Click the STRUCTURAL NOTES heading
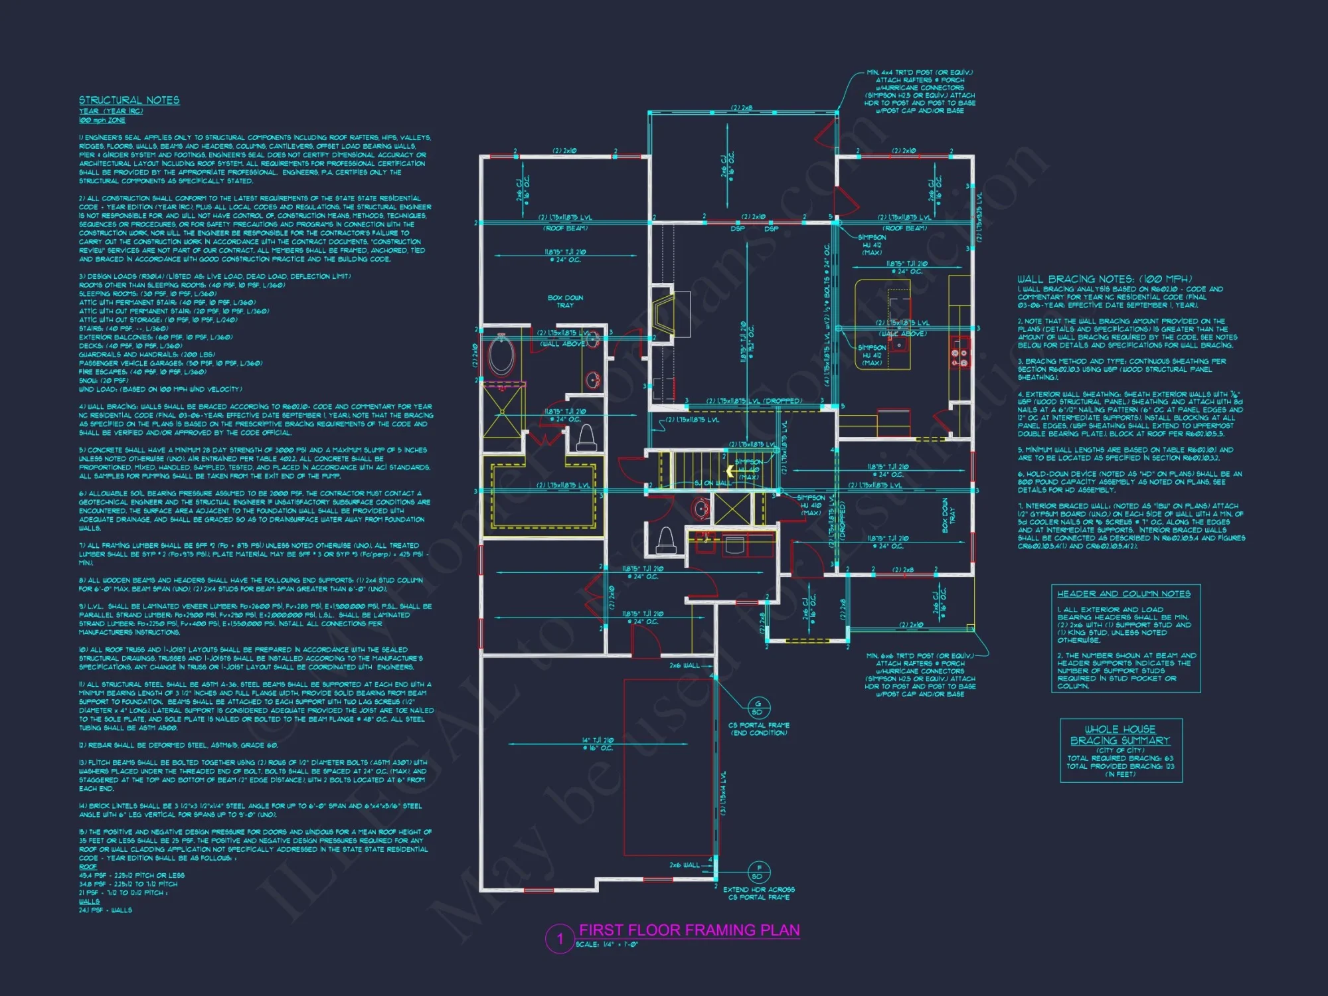[x=129, y=100]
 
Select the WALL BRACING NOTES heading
[x=1104, y=279]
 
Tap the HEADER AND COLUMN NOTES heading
[x=1123, y=594]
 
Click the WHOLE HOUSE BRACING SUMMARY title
[x=1120, y=735]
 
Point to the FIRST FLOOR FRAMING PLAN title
[x=689, y=930]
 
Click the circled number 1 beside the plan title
[x=559, y=939]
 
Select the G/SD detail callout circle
[x=758, y=707]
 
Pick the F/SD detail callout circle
[x=758, y=872]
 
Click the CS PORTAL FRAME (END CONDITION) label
[x=758, y=729]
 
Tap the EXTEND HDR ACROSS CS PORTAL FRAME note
[x=758, y=893]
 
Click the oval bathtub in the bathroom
[x=501, y=355]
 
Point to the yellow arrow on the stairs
[x=730, y=471]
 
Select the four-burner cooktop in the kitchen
[x=959, y=358]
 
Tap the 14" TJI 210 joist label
[x=598, y=744]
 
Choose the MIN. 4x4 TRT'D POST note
[x=920, y=92]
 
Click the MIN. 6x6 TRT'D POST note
[x=920, y=675]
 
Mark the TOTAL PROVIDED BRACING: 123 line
[x=1120, y=766]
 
